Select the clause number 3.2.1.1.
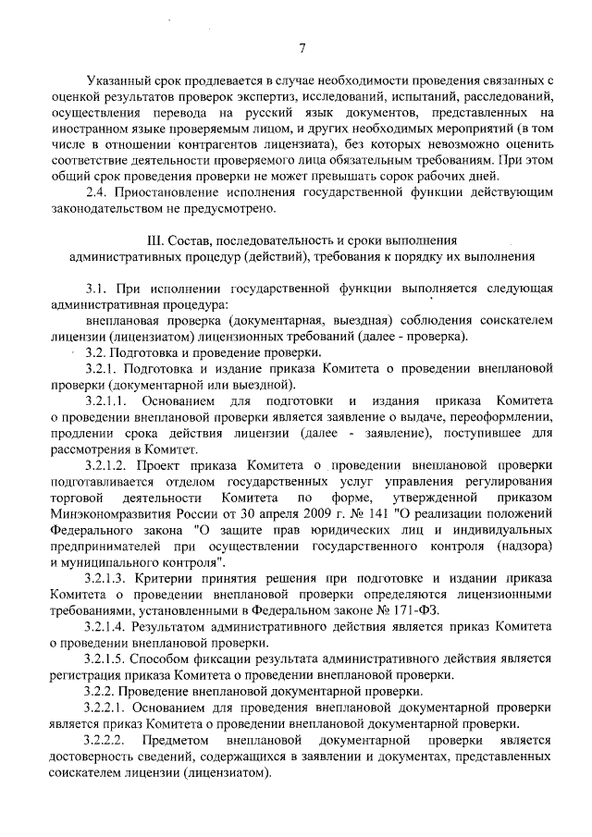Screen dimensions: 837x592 (107, 401)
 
